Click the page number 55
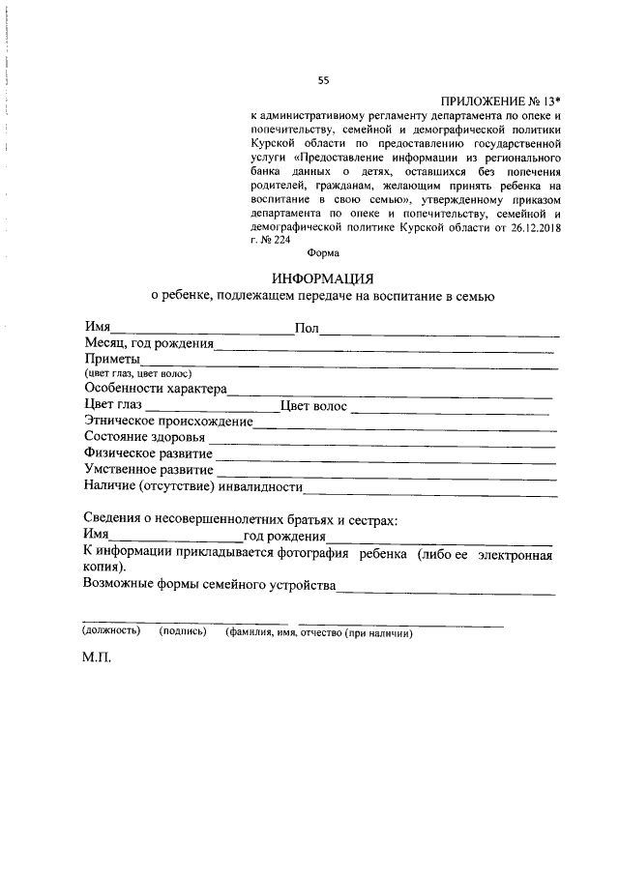tap(323, 80)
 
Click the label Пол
tap(307, 329)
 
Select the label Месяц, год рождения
tap(148, 344)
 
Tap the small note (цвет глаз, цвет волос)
tap(138, 374)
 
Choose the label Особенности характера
tap(155, 389)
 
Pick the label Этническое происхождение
tap(167, 422)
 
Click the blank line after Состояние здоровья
tap(387, 441)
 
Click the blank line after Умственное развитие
tap(387, 473)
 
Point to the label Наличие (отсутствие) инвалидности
tap(193, 485)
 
